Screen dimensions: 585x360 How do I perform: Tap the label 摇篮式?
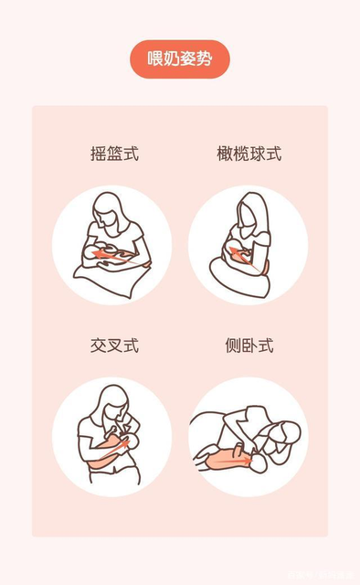114,153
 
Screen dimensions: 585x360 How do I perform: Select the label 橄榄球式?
249,153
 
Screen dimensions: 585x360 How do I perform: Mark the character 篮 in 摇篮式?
114,153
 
